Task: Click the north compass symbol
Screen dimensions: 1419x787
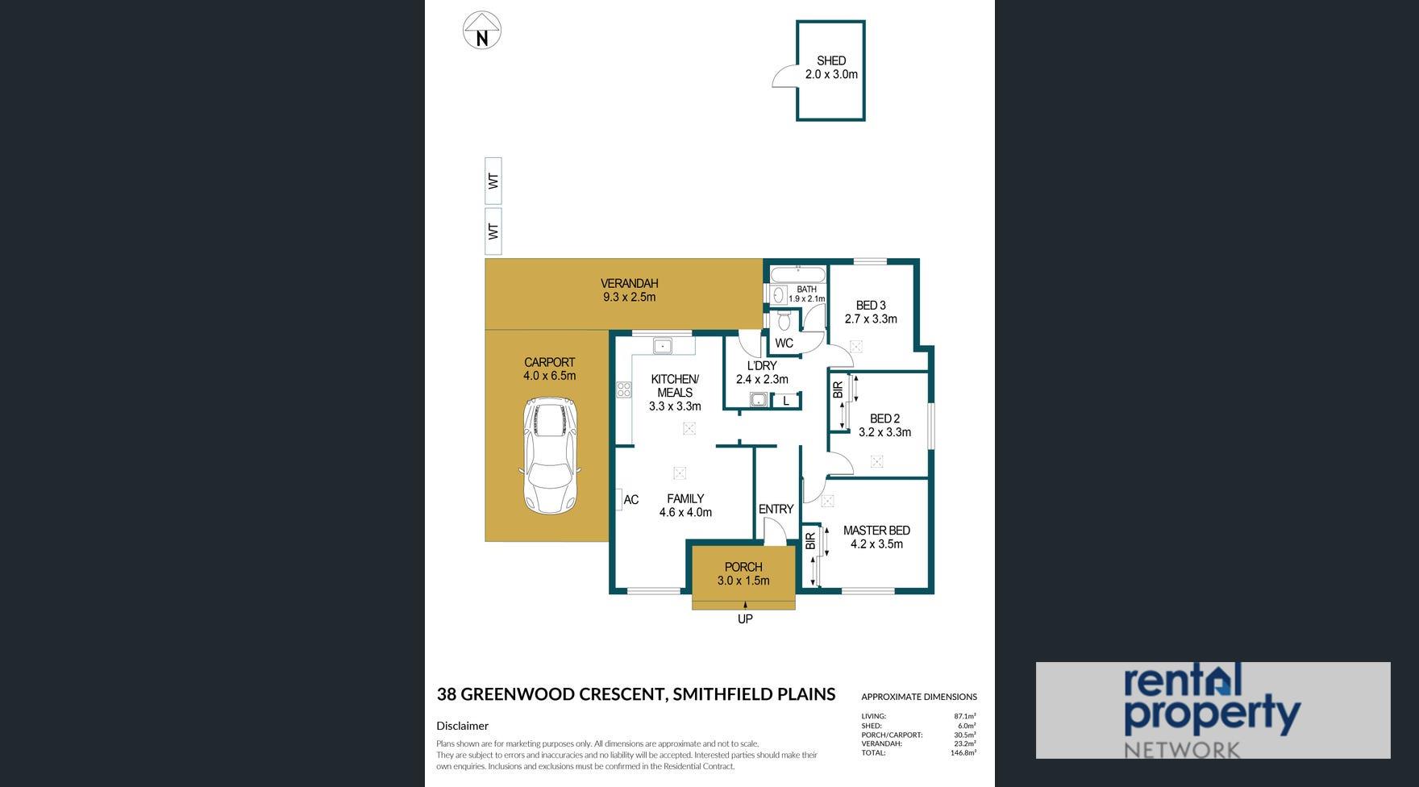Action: tap(482, 31)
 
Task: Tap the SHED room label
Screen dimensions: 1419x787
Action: tap(831, 60)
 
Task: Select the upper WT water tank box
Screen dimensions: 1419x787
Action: tap(493, 181)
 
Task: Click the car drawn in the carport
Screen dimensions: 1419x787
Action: tap(551, 456)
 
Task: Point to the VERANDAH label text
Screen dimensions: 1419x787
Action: tap(629, 283)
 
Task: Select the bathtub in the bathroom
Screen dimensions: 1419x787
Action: tap(797, 274)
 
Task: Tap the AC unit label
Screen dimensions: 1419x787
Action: tap(631, 500)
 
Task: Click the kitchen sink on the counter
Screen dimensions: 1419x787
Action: tap(662, 346)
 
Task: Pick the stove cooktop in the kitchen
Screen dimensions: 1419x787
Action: tap(624, 390)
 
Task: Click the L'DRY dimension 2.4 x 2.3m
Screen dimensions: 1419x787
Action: tap(762, 379)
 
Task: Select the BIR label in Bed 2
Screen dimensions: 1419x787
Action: tap(838, 390)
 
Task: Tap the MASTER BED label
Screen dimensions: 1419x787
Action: tap(876, 531)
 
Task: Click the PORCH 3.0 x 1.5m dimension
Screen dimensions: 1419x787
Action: tap(743, 581)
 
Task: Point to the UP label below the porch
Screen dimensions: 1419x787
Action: tap(745, 619)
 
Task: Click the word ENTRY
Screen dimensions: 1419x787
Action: tap(776, 509)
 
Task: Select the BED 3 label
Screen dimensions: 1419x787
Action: tap(871, 306)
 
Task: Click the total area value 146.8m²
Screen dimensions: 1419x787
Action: tap(963, 753)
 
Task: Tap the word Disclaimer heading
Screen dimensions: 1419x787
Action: tap(463, 726)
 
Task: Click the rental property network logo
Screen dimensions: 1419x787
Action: tap(1213, 710)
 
